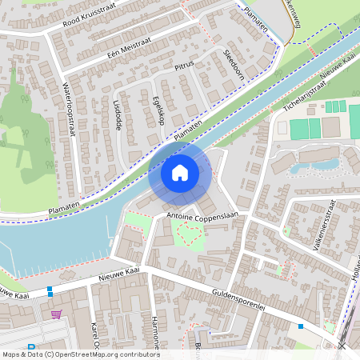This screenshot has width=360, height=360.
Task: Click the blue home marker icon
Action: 180,173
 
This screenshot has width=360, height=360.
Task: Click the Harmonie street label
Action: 155,333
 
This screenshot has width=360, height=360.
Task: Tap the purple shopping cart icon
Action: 56,314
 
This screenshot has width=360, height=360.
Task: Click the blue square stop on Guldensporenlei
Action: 301,326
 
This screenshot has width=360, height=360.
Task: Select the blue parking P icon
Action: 31,347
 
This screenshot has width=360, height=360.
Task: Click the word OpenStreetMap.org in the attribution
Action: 92,354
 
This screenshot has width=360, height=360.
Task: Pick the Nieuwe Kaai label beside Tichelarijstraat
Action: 337,70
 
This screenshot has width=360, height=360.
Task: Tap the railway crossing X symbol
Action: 342,346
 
